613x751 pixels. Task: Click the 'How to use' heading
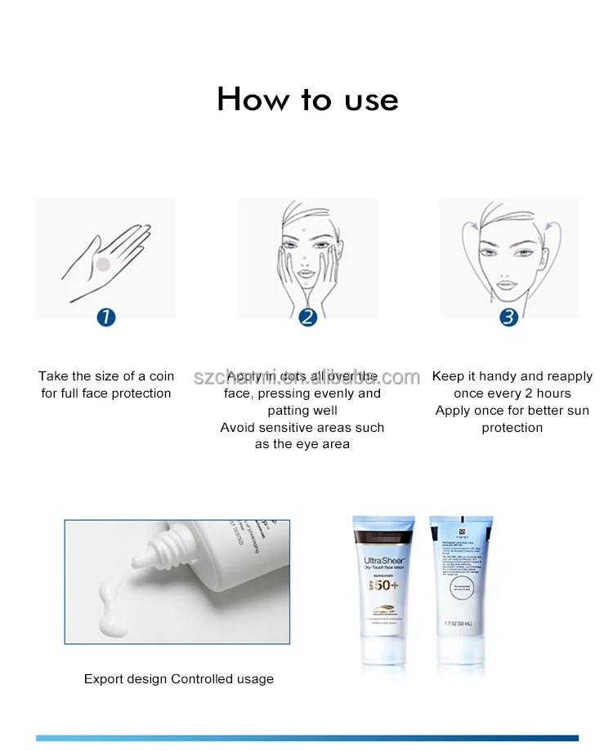click(307, 100)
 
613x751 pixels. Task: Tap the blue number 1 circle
click(105, 317)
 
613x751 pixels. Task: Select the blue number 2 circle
click(306, 317)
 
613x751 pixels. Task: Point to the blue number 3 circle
click(508, 317)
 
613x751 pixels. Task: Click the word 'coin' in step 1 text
click(162, 376)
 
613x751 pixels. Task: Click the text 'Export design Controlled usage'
click(179, 679)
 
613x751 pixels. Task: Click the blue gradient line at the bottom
click(306, 738)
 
